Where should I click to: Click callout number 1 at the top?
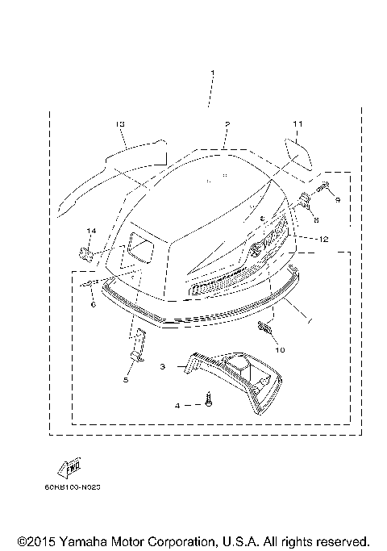tap(212, 75)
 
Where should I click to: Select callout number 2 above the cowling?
tap(227, 125)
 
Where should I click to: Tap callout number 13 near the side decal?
tap(120, 123)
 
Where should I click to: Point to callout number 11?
tap(297, 123)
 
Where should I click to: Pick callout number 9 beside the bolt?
tap(338, 198)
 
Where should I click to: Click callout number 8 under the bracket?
tap(316, 219)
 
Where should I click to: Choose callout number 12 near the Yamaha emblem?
tap(323, 239)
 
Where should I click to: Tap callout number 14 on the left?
tap(91, 232)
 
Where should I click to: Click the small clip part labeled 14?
tap(86, 253)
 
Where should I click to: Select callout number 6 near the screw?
tap(94, 305)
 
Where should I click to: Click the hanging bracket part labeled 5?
tap(139, 346)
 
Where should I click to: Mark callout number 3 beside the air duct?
tap(163, 365)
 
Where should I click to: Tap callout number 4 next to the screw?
tap(178, 405)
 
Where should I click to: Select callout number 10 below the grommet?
tap(281, 349)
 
